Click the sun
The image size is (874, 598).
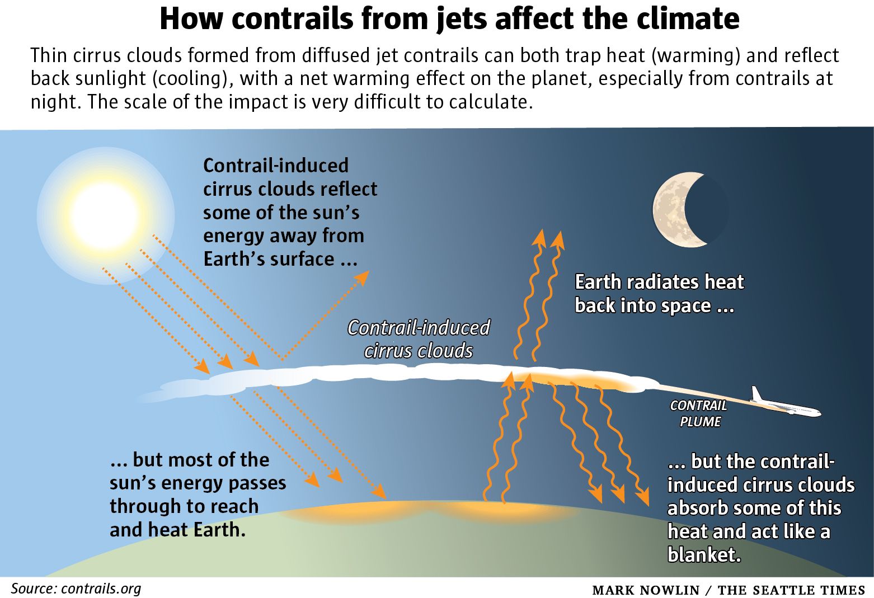(x=105, y=215)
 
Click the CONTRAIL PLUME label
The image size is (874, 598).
(x=699, y=413)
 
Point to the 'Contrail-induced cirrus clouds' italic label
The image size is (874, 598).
(x=419, y=339)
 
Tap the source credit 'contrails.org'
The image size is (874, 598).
(x=101, y=588)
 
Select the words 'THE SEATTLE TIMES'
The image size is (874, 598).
(x=791, y=590)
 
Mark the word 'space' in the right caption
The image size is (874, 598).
(x=685, y=306)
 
